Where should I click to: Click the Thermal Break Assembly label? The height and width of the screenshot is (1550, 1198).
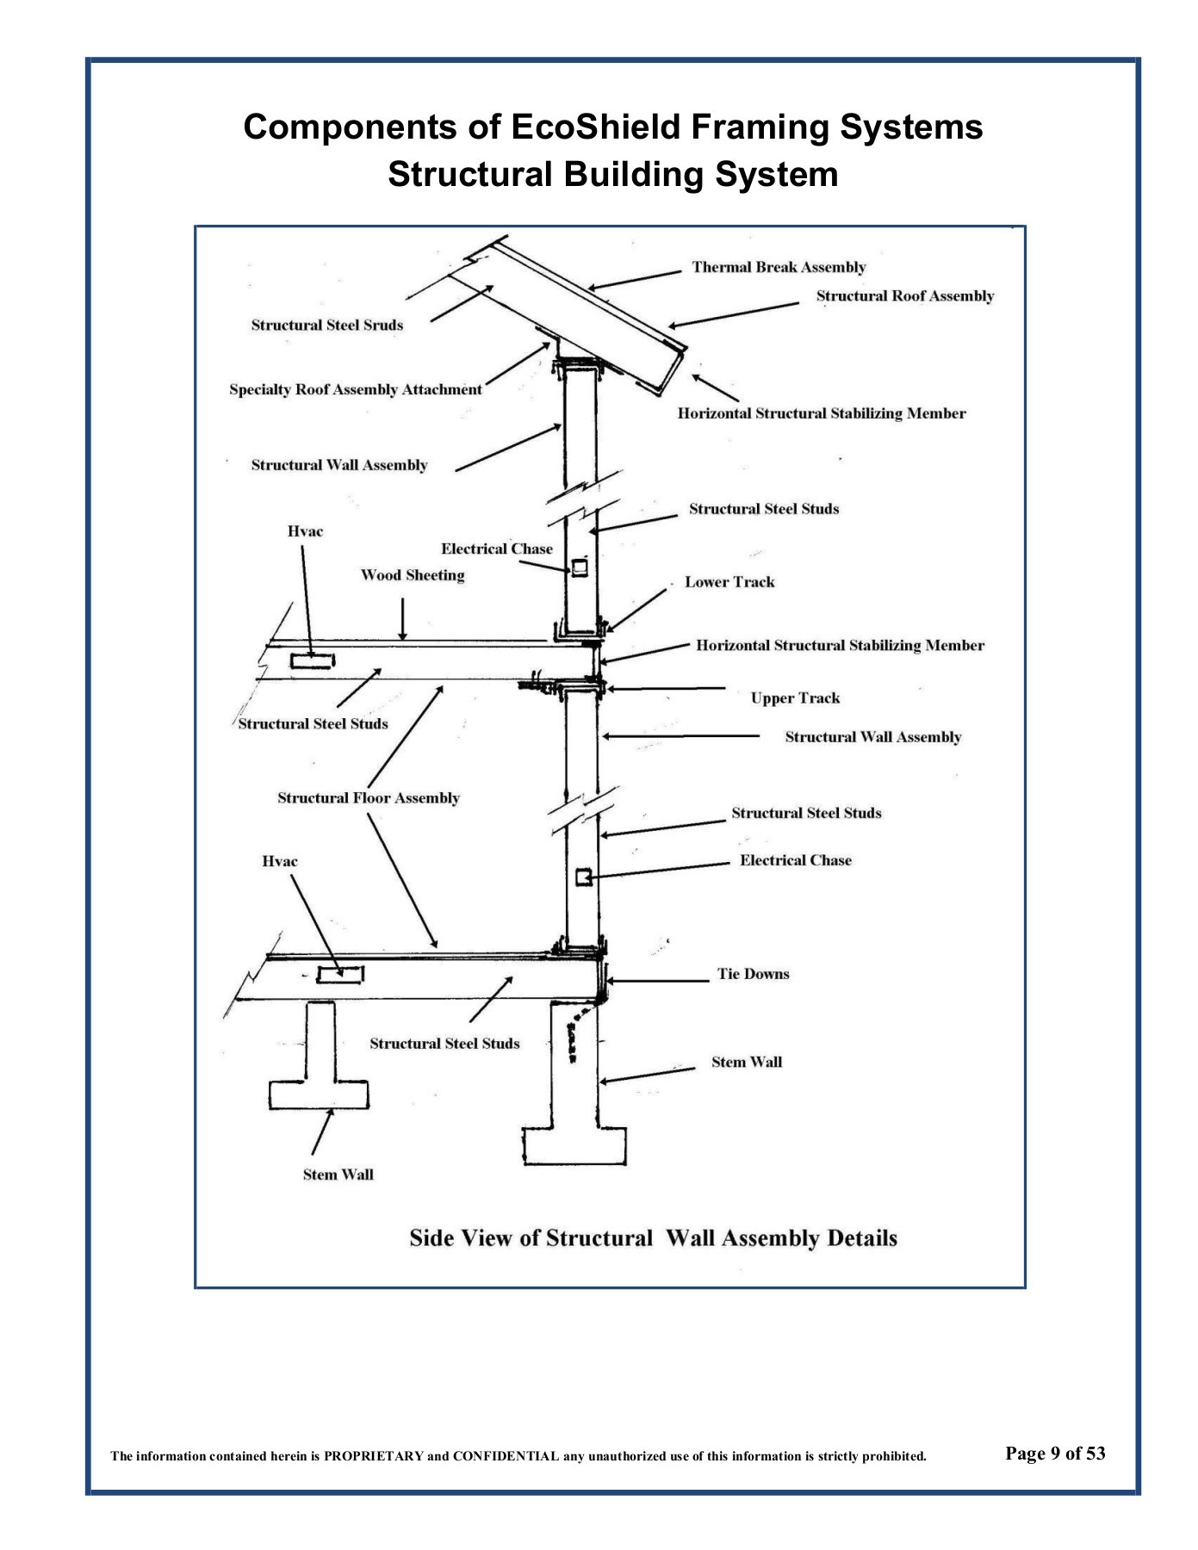tap(779, 267)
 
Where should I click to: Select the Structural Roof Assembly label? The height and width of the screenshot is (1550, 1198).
tap(905, 296)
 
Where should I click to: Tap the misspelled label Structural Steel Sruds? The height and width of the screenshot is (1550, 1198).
tap(326, 325)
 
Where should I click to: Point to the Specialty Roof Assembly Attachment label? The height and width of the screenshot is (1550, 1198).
tap(355, 389)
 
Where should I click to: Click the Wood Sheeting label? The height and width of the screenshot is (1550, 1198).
tap(412, 575)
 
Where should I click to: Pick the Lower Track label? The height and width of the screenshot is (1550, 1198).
tap(729, 582)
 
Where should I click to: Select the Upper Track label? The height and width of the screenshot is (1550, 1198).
tap(795, 698)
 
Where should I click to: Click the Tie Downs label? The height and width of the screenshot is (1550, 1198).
tap(753, 974)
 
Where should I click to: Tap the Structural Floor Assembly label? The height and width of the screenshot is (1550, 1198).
tap(368, 798)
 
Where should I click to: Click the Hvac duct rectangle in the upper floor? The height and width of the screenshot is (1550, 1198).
tap(312, 661)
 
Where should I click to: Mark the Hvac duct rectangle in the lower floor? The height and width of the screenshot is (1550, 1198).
tap(340, 975)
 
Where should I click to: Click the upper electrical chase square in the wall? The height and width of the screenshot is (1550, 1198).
tap(580, 567)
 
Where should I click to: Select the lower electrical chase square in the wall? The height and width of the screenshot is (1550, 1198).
tap(583, 877)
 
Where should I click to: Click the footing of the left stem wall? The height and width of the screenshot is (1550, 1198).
tap(318, 1094)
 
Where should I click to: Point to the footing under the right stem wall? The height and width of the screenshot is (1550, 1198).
tap(574, 1146)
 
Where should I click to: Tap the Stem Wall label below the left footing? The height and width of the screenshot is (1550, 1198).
tap(338, 1175)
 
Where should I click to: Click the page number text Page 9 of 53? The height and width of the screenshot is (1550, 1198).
tap(1055, 1454)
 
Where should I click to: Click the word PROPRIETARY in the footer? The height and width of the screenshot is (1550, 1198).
tap(374, 1457)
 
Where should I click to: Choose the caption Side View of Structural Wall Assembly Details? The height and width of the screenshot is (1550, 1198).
tap(653, 1238)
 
